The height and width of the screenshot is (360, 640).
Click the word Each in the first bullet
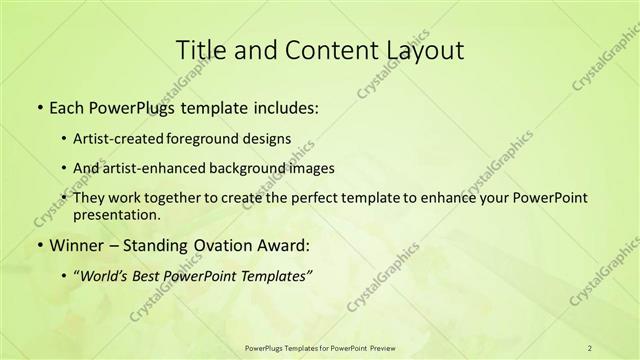tap(66, 105)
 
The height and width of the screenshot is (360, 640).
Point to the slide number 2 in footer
tap(590, 348)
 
